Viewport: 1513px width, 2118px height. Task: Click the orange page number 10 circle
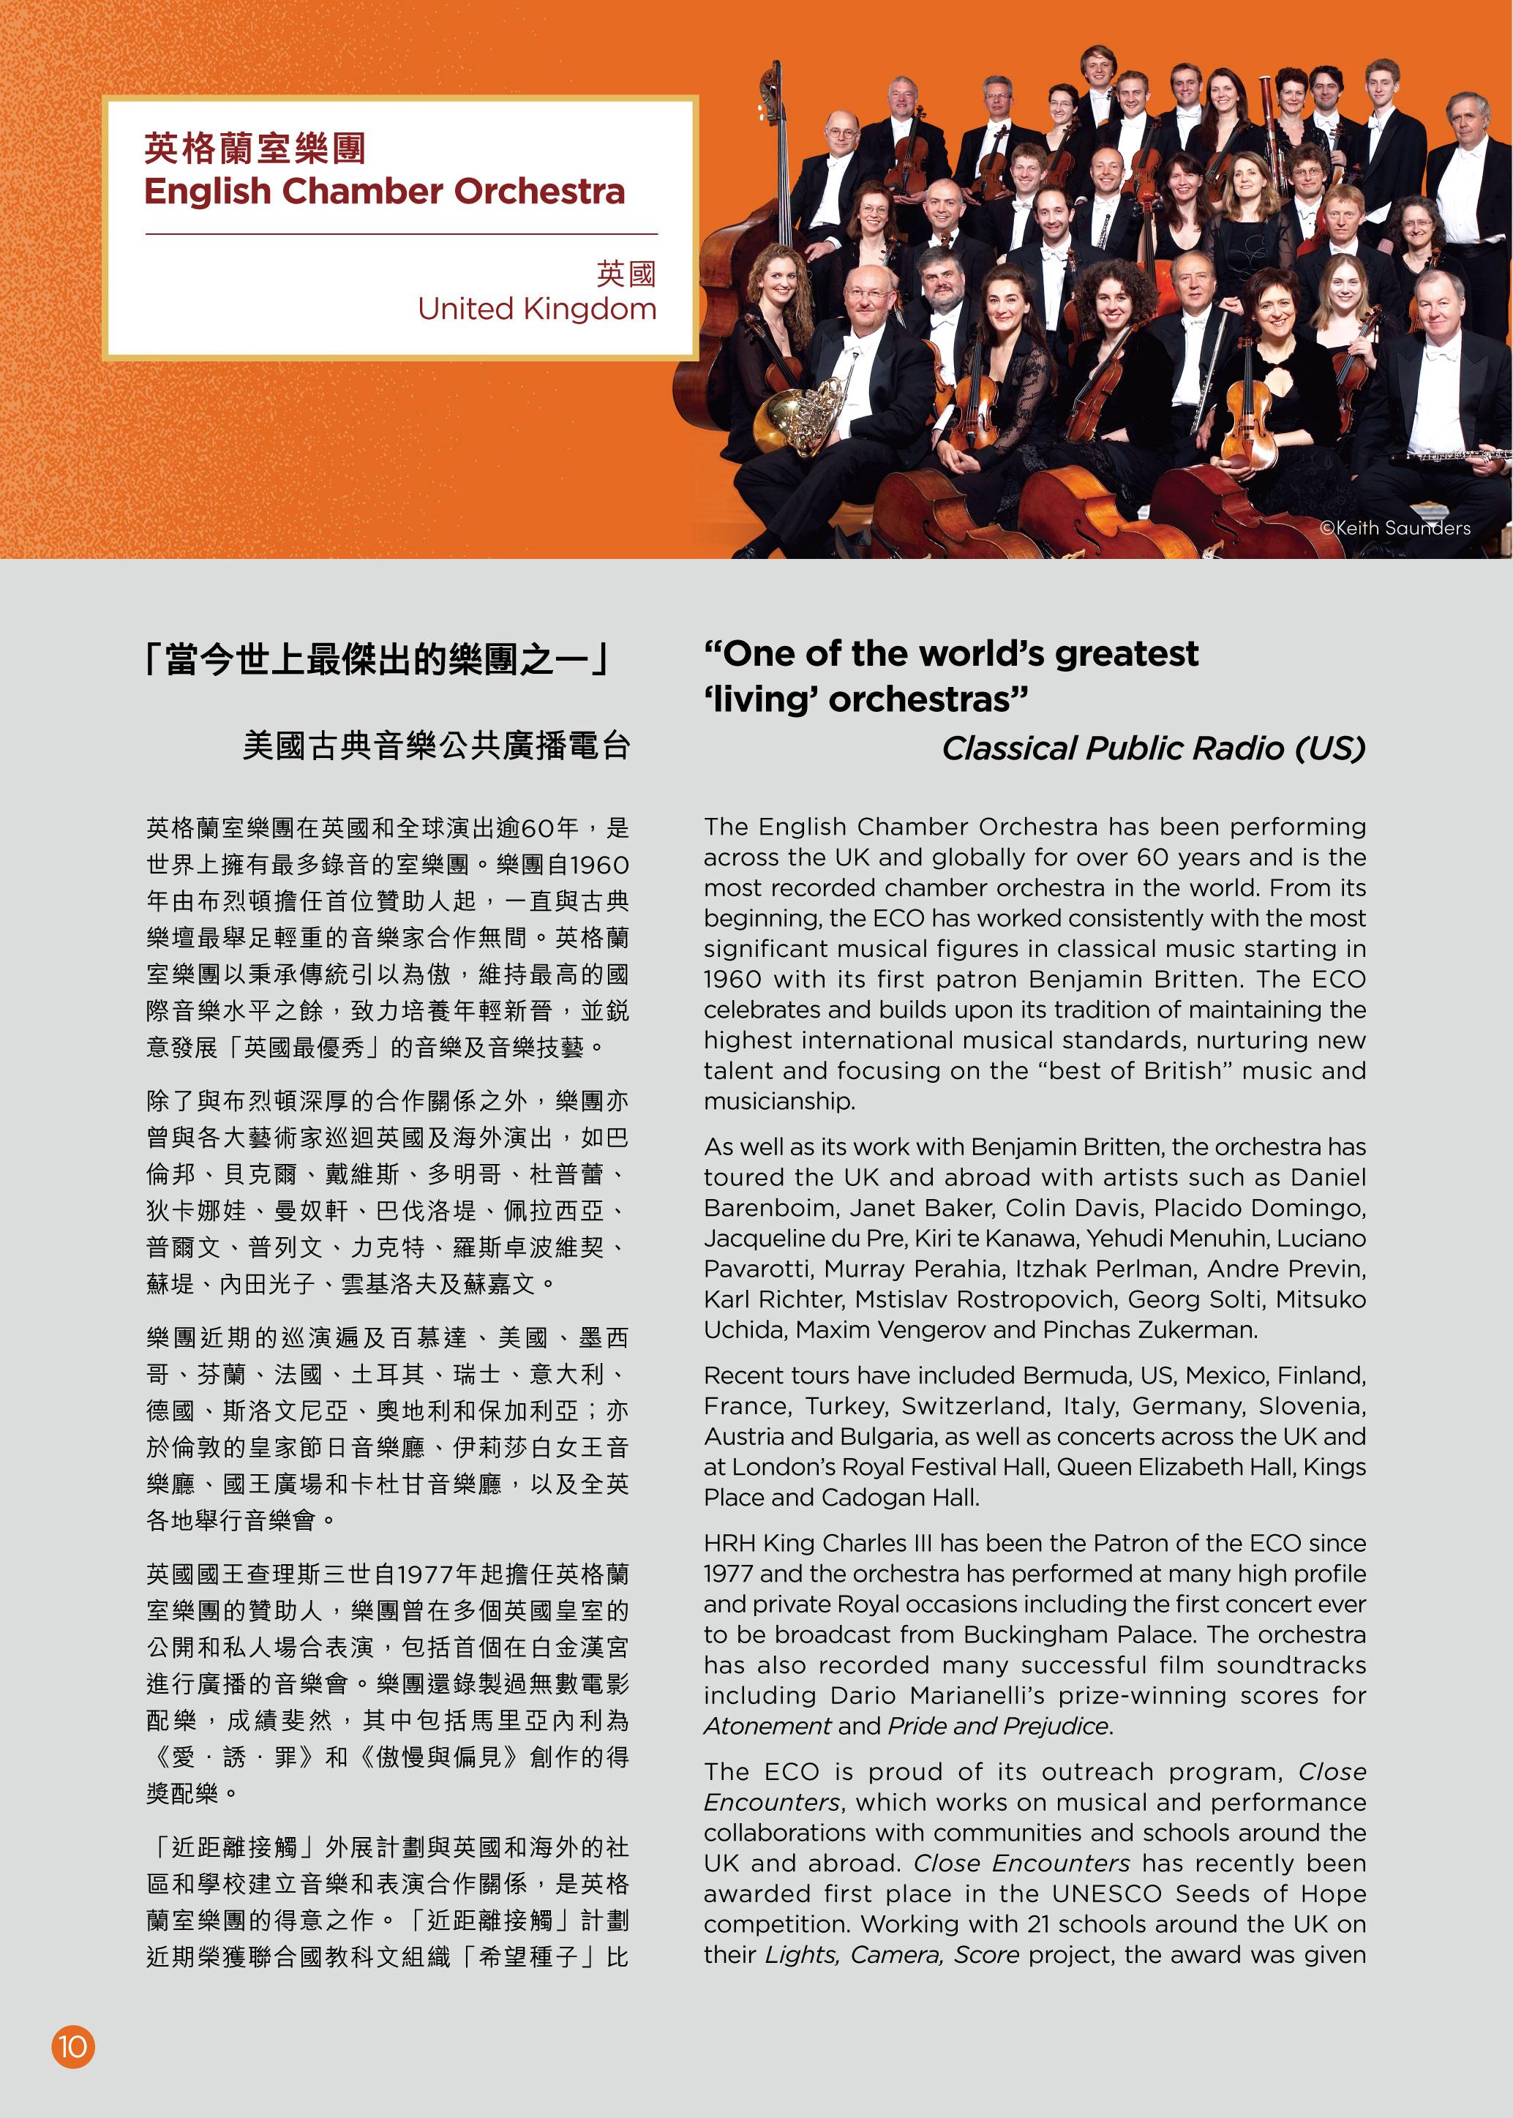coord(72,2046)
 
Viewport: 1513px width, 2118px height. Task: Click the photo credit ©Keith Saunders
coord(1394,528)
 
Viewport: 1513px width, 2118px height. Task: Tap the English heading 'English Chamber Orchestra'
coord(384,192)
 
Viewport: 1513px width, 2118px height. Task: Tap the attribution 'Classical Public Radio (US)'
coord(1152,748)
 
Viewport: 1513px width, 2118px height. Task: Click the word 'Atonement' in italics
coord(767,1726)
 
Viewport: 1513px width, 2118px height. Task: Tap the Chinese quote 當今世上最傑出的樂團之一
coord(378,661)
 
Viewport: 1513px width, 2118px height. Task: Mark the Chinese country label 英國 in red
coord(626,274)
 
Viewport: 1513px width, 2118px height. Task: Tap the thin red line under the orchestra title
coord(402,234)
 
